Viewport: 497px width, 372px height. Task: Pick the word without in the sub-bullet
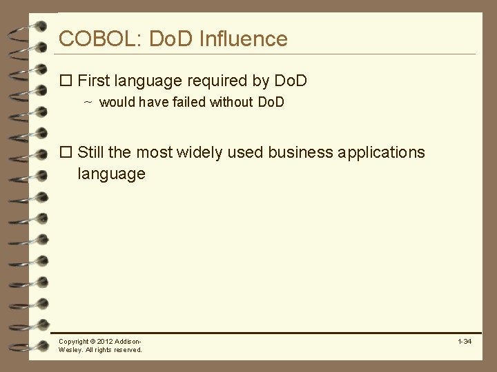[231, 103]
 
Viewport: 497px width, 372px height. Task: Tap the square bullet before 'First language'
[66, 81]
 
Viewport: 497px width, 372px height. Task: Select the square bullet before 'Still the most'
[66, 152]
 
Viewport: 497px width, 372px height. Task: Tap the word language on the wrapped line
[111, 174]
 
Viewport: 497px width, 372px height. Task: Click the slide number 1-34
[464, 342]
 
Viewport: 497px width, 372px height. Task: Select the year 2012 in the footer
[106, 342]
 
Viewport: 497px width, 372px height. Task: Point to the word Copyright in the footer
[74, 342]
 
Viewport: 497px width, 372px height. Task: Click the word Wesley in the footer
[70, 350]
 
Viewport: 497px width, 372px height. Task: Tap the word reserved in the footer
[128, 350]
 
